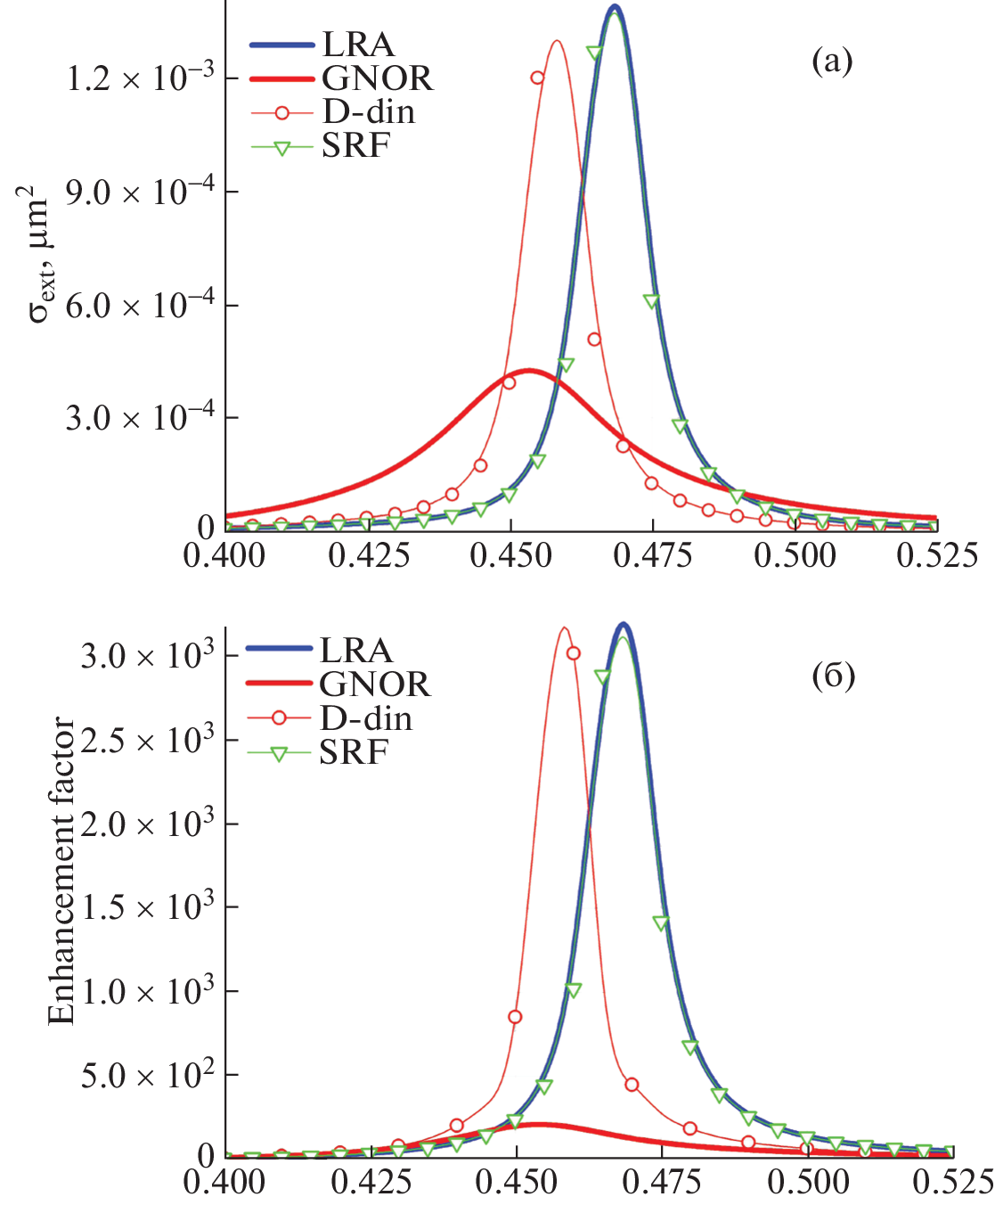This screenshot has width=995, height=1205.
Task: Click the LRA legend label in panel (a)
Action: click(358, 44)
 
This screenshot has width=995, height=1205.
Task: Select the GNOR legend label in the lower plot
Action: click(374, 684)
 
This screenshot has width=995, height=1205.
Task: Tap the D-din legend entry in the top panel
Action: click(368, 111)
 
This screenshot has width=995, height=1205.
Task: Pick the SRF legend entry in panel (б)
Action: click(354, 753)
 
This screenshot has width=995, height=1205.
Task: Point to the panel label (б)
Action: click(833, 676)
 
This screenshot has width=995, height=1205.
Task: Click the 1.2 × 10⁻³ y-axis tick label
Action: click(140, 78)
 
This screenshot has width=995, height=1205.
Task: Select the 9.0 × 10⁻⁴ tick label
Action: click(140, 192)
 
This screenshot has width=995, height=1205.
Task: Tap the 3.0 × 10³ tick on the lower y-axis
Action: click(148, 656)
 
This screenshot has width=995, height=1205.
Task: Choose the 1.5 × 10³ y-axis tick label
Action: click(148, 907)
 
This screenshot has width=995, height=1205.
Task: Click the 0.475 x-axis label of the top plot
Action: click(653, 555)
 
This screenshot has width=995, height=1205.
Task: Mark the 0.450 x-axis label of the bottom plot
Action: click(516, 1182)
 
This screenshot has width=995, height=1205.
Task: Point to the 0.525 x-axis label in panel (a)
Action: click(937, 555)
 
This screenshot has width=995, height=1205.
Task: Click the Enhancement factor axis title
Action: click(61, 870)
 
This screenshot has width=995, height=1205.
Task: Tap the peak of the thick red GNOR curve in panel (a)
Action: click(530, 370)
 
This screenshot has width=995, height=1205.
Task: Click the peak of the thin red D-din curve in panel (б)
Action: click(564, 628)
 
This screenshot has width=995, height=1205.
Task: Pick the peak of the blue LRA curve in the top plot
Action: click(614, 7)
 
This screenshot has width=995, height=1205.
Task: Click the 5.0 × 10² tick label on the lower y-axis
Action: click(148, 1075)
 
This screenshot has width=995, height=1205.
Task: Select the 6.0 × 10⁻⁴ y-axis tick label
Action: click(140, 305)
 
